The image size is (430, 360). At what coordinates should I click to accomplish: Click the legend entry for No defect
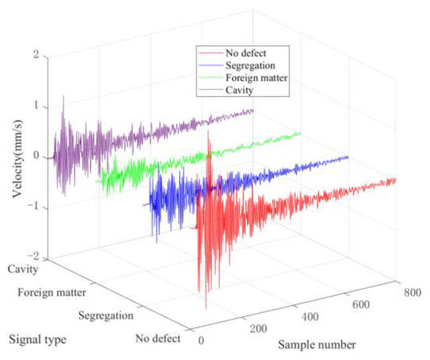click(243, 53)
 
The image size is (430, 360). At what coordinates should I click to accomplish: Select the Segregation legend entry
click(249, 66)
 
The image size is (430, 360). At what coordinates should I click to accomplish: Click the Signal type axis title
click(37, 340)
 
